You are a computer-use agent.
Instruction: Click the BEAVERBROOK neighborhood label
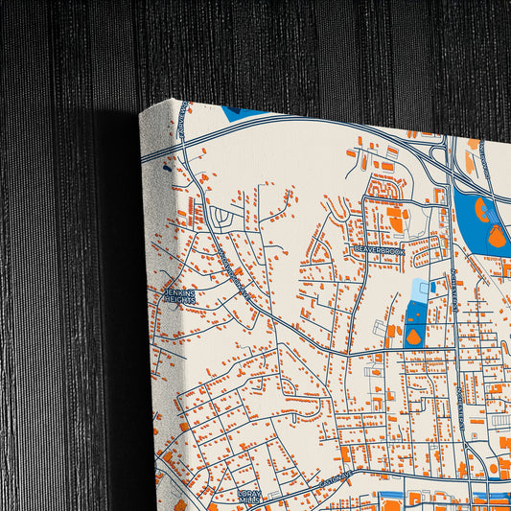(380, 250)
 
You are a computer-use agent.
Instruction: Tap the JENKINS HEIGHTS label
(179, 296)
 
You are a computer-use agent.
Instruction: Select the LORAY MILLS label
(249, 496)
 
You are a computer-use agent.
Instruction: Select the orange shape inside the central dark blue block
(413, 337)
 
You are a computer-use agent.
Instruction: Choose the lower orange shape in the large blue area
(497, 236)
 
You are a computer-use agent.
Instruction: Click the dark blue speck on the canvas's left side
(166, 169)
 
